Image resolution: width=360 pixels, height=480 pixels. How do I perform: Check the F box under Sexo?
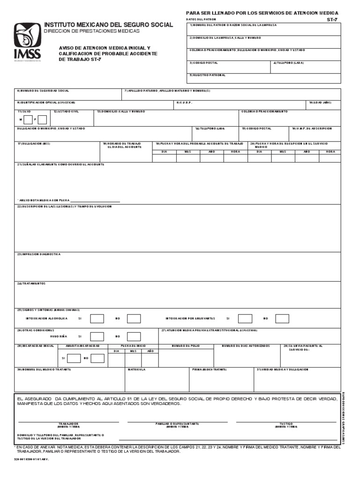point(42,120)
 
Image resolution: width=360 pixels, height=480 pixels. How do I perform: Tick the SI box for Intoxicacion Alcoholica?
point(97,319)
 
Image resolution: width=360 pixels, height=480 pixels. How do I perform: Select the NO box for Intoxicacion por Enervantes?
point(282,319)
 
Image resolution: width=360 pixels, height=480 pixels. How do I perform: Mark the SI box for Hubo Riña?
point(97,337)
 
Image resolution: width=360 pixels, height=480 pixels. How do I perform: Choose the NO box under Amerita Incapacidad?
point(97,358)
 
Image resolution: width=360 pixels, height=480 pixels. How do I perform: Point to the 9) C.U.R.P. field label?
point(185,102)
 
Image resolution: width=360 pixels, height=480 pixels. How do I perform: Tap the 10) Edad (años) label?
point(320,102)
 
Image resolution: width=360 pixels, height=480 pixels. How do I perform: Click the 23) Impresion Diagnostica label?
point(39,254)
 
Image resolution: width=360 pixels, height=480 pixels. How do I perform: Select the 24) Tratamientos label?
point(31,284)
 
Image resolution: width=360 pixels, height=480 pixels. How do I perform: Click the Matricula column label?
point(137,369)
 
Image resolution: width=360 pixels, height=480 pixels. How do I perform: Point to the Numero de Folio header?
point(186,346)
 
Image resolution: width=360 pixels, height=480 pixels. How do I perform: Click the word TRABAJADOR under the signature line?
point(68,423)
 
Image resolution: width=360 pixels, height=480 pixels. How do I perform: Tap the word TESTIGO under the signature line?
point(286,423)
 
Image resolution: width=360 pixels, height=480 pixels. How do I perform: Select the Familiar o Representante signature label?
point(178,423)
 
